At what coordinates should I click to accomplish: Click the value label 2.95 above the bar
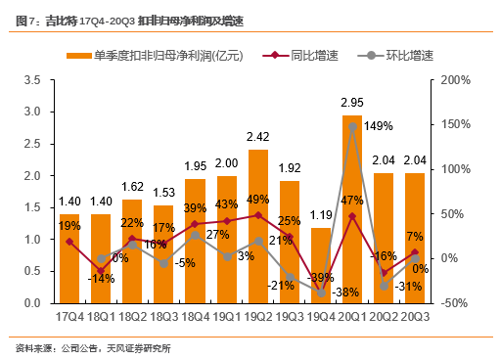point(353,102)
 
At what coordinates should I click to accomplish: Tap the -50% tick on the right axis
point(458,303)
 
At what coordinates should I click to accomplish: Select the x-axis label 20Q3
point(416,317)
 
